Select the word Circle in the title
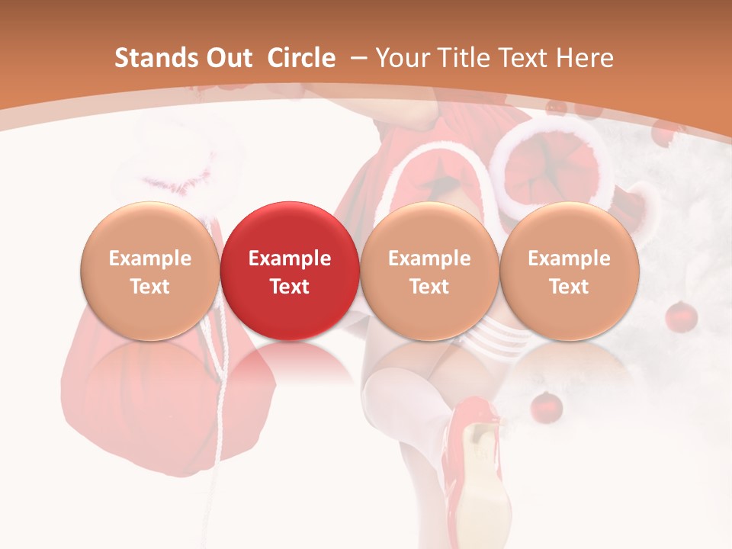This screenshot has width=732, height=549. (301, 58)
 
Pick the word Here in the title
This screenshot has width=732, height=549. (584, 58)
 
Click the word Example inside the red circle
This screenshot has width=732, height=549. (290, 258)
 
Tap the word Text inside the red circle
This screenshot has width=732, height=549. (290, 287)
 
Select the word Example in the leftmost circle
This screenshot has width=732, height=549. (150, 258)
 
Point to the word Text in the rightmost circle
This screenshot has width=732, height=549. (570, 287)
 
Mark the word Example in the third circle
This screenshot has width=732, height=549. (429, 258)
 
